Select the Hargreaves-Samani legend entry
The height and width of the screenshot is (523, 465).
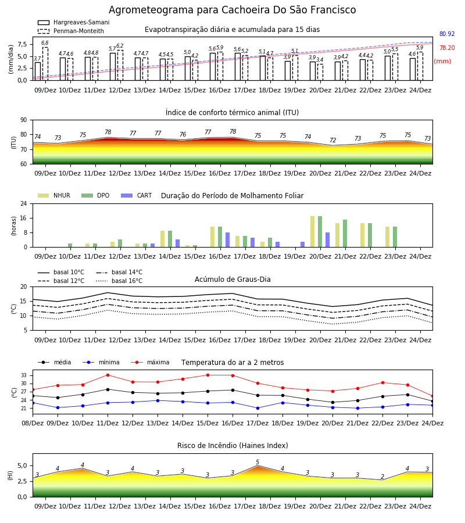click(x=73, y=22)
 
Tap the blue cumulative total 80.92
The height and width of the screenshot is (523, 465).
click(x=447, y=34)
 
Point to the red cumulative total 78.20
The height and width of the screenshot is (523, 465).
click(x=447, y=48)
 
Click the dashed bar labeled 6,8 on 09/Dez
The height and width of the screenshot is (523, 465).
click(x=45, y=64)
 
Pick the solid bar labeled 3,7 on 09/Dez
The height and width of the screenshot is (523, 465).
click(x=38, y=71)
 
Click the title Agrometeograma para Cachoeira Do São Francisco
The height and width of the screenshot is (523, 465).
click(x=232, y=10)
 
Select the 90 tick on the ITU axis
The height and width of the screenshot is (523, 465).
click(x=24, y=120)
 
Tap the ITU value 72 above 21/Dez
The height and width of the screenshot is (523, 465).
click(x=333, y=140)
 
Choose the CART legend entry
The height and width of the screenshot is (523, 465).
click(x=137, y=195)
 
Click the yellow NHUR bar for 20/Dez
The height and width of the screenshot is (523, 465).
click(x=313, y=232)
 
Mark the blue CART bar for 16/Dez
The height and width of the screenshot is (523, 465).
click(x=227, y=240)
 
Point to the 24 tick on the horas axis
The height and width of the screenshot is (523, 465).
click(x=24, y=203)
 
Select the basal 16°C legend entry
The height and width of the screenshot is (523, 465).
click(x=119, y=281)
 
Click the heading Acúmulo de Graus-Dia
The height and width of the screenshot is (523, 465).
click(x=233, y=280)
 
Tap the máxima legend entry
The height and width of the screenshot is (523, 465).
click(x=150, y=362)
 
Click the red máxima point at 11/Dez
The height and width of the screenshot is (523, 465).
click(x=108, y=375)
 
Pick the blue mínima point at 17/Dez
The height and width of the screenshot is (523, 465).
click(x=258, y=408)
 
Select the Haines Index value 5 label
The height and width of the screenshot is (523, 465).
click(x=257, y=462)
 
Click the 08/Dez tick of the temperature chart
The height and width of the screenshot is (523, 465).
click(x=33, y=423)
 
